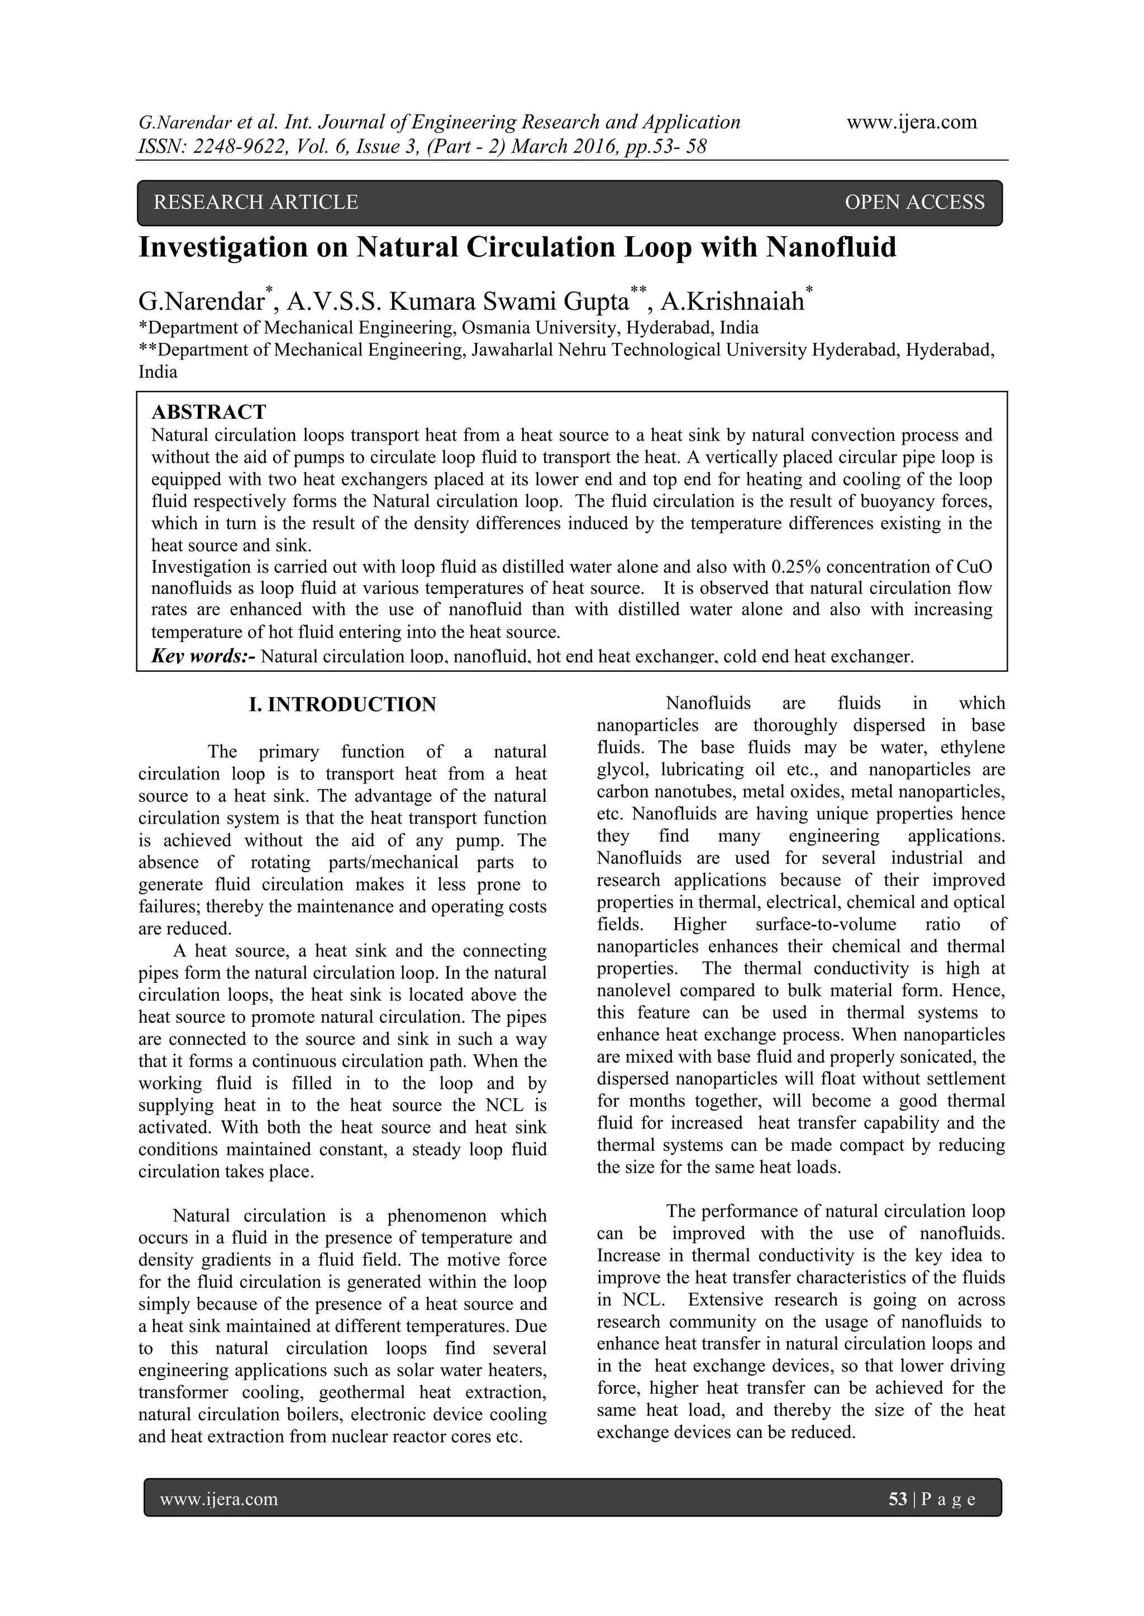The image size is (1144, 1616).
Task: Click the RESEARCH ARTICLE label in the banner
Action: pos(256,203)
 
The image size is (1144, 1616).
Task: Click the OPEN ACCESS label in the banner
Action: pos(914,203)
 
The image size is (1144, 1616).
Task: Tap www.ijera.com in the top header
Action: pos(912,122)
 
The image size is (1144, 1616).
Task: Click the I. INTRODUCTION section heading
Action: pos(343,705)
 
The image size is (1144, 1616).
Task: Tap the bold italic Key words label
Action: pos(203,657)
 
